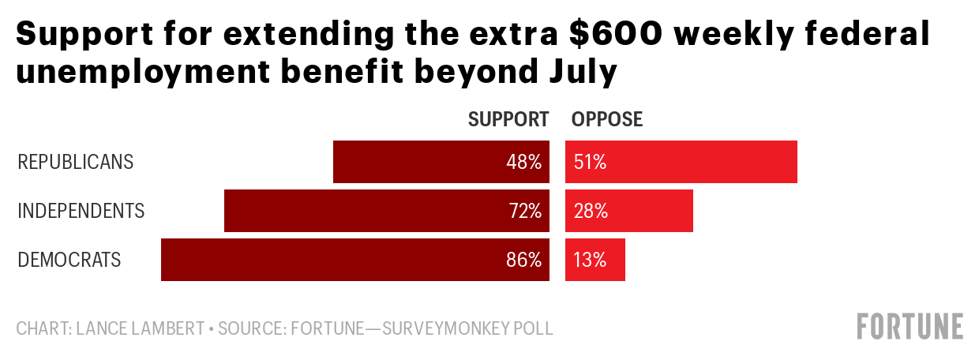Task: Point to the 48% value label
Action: [524, 163]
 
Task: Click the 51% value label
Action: [590, 163]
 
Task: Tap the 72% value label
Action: [524, 212]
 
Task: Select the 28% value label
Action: [591, 212]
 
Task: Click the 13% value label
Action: [590, 261]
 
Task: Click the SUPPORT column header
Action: [508, 120]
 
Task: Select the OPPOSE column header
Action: [607, 120]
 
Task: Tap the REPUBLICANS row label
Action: [76, 163]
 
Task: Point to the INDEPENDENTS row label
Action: [81, 212]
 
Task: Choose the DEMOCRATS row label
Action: [69, 261]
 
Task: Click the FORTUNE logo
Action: [910, 326]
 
